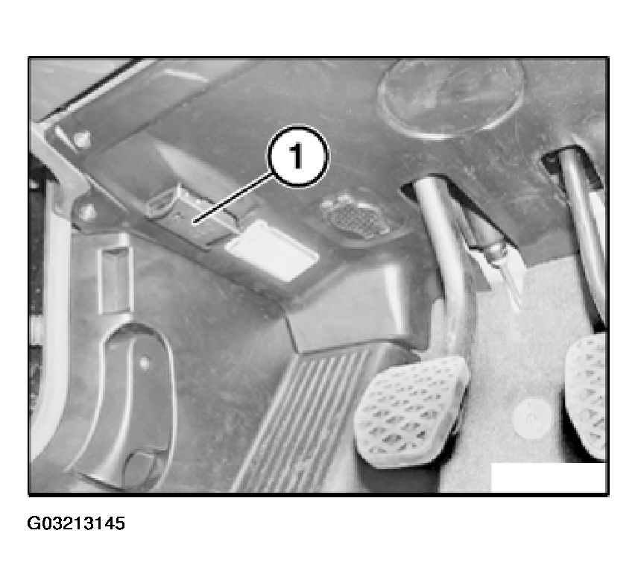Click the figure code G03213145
[76, 523]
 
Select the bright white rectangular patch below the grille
[271, 251]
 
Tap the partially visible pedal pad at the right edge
[586, 397]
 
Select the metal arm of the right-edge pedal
[583, 232]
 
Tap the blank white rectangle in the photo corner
[549, 477]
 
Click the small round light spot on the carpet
[531, 418]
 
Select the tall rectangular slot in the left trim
[116, 280]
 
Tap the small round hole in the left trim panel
[144, 362]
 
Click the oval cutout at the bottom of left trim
[139, 469]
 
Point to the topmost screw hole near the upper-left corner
[83, 139]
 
